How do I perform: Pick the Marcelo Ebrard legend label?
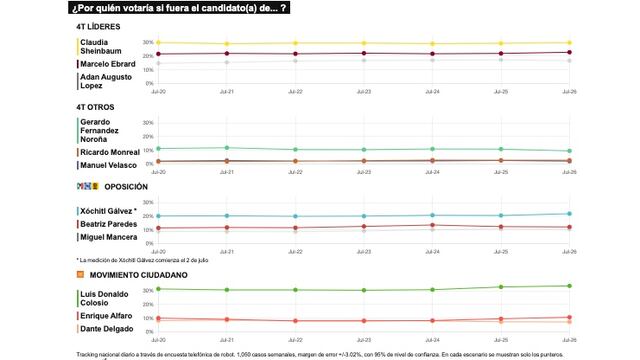[x=107, y=64]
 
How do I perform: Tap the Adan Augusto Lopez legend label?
[x=105, y=82]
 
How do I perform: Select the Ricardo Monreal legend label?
[x=109, y=152]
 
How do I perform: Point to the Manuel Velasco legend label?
[x=108, y=165]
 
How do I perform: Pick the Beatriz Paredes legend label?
[x=109, y=225]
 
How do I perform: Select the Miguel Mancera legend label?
[x=109, y=238]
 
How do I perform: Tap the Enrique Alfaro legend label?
[x=107, y=315]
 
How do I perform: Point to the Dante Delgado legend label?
[x=106, y=329]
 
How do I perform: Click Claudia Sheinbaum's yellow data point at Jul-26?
[x=570, y=43]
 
